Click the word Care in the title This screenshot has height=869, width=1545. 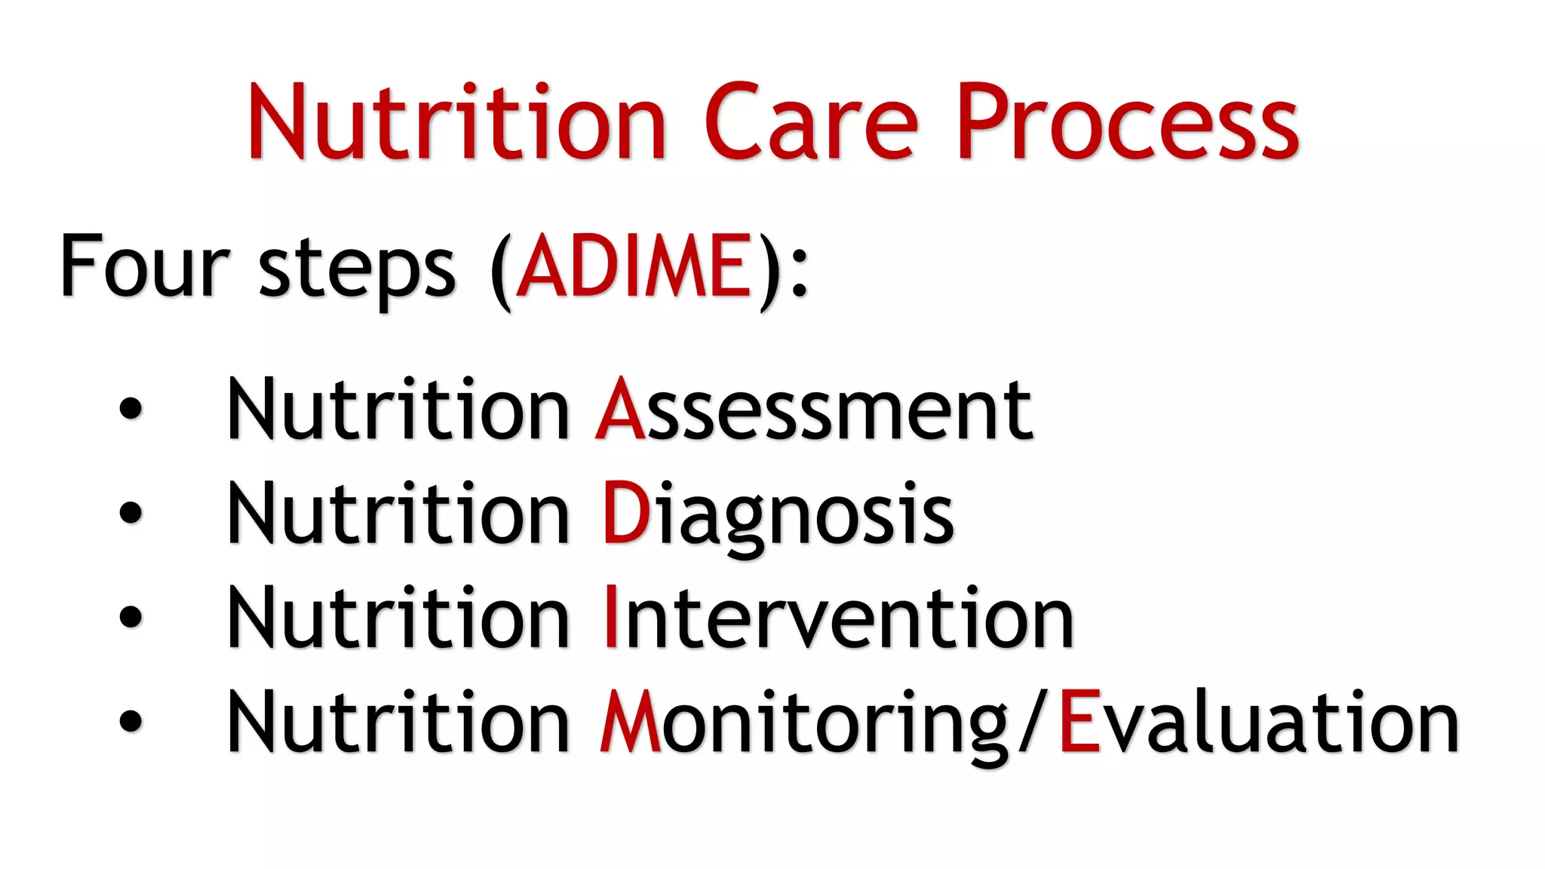(x=811, y=123)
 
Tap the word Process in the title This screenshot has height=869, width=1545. (x=1128, y=123)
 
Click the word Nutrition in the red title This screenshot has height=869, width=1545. (x=457, y=123)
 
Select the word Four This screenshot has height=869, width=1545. (x=144, y=266)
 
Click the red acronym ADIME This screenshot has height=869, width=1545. (x=634, y=266)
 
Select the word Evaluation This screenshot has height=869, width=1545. (x=1258, y=723)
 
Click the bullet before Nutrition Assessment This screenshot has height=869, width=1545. (x=131, y=408)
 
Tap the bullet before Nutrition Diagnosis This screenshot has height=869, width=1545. (x=131, y=513)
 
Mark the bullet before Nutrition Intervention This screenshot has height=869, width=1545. (x=131, y=616)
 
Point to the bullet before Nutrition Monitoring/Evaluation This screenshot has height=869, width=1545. (x=131, y=720)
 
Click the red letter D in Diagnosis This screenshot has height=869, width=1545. (x=625, y=513)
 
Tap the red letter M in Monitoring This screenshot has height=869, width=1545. (x=630, y=722)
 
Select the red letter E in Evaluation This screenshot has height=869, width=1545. (x=1080, y=722)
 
